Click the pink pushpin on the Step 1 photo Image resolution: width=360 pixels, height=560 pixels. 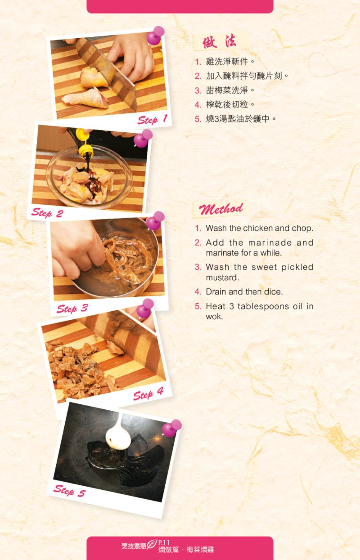click(155, 36)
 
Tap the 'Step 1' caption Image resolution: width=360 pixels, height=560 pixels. click(153, 119)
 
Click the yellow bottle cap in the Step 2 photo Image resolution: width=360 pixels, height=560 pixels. click(85, 142)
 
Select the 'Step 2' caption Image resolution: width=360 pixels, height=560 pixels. click(47, 213)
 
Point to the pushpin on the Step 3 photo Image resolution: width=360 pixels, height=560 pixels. click(155, 220)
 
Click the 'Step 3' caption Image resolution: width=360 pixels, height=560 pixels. click(72, 309)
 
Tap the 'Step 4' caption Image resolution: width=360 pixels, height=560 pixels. click(148, 394)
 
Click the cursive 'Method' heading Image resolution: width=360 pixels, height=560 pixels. click(221, 209)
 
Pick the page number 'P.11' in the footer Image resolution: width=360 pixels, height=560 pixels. click(164, 542)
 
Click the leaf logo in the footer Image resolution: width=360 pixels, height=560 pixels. click(152, 545)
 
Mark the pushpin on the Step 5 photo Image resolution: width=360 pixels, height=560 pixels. click(171, 428)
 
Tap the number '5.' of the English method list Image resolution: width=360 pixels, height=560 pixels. click(198, 306)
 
